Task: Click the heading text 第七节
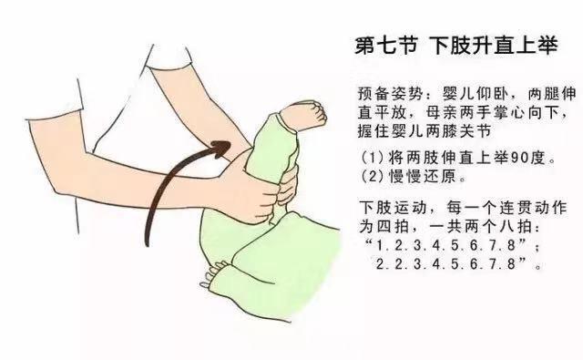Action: tap(385, 46)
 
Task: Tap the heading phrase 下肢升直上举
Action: tap(494, 46)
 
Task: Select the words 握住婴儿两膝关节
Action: tap(424, 131)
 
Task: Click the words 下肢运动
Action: tap(392, 208)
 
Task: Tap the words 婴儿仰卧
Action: tap(475, 94)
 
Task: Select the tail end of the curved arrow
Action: tap(148, 244)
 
